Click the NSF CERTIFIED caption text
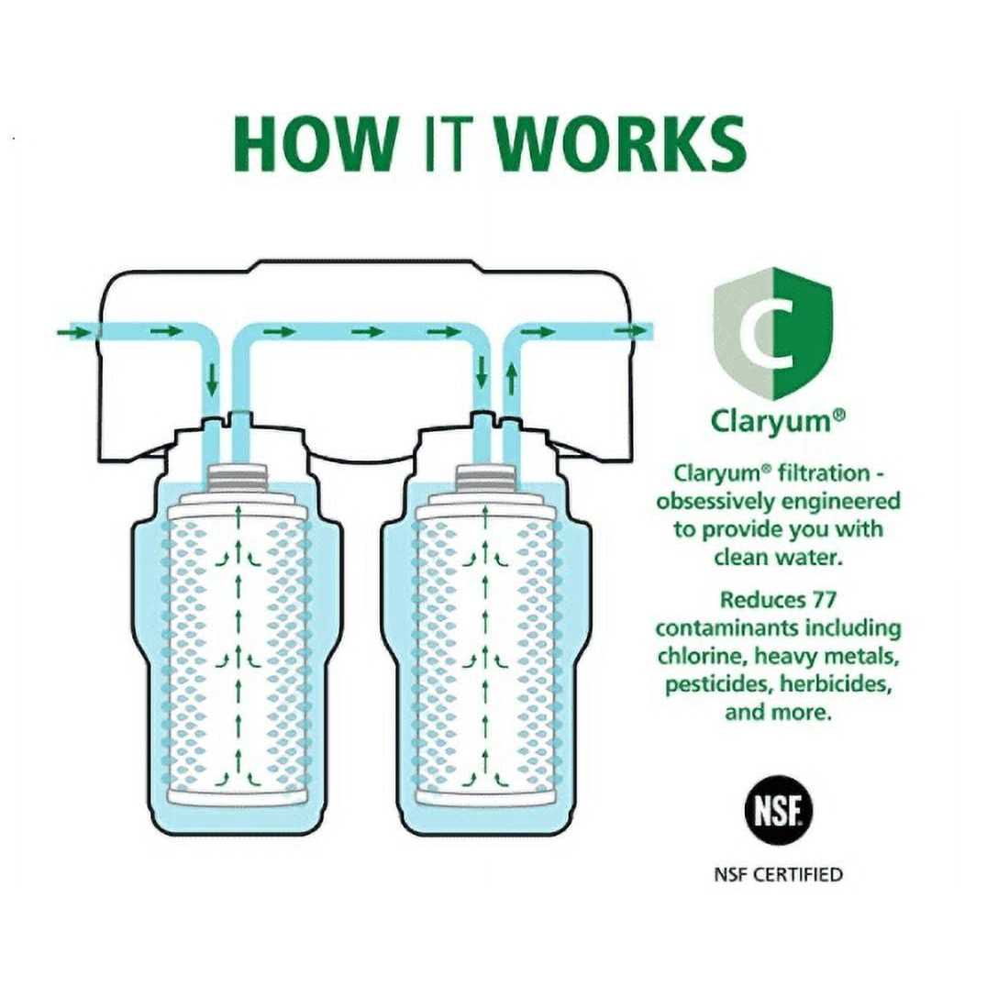(x=777, y=873)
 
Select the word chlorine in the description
(x=701, y=657)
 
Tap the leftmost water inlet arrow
(x=73, y=331)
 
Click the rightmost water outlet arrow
(x=628, y=331)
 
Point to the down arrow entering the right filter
(x=480, y=373)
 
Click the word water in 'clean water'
(x=805, y=557)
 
